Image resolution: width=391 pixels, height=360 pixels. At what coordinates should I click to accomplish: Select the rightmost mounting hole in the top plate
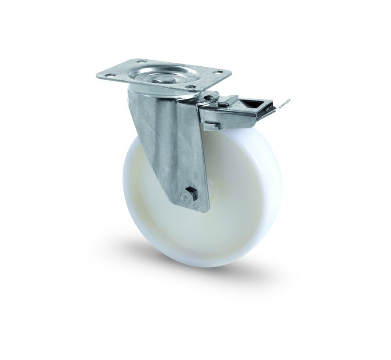(217, 72)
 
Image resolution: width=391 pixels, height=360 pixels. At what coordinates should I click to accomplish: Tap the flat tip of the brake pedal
(284, 104)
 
